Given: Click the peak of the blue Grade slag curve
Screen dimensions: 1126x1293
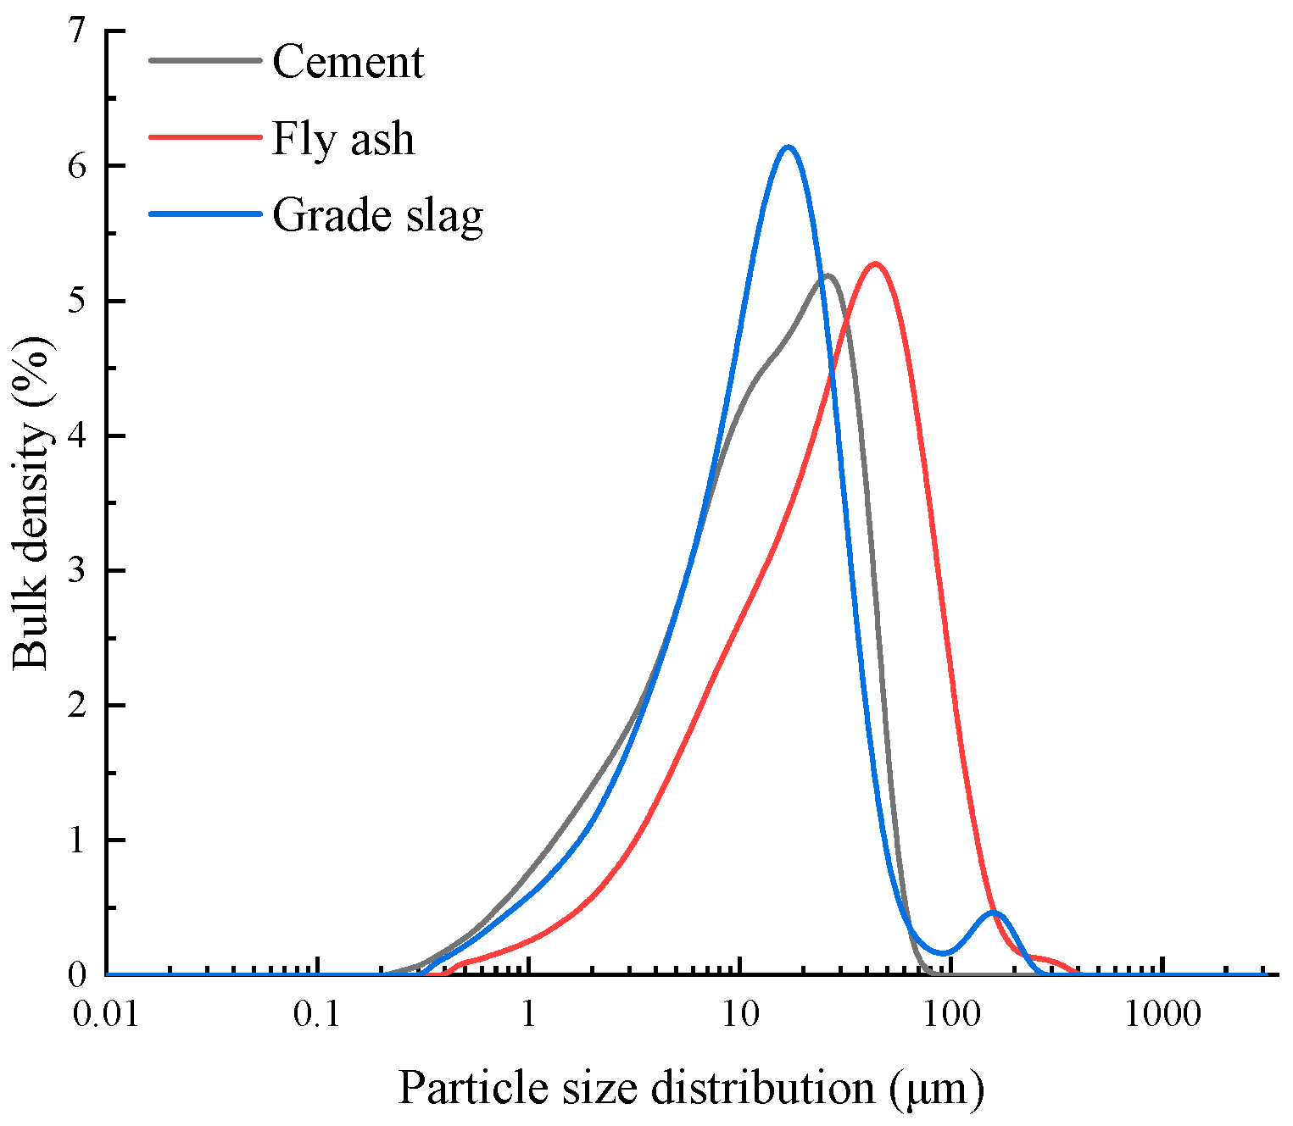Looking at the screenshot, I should [x=789, y=147].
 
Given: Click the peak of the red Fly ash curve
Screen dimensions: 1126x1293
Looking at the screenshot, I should [x=874, y=263].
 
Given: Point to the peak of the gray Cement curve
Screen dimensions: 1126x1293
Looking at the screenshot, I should [x=828, y=275].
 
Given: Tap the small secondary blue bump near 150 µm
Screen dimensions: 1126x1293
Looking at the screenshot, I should [x=995, y=912].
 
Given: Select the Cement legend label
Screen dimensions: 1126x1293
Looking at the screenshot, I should [x=348, y=62].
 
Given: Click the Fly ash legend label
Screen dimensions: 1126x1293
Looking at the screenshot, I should [x=343, y=138].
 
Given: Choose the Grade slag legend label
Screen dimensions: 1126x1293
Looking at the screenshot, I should [x=377, y=215].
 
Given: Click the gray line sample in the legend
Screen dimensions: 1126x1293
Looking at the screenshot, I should [x=204, y=61].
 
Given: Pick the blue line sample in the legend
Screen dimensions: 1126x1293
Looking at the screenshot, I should [x=204, y=214].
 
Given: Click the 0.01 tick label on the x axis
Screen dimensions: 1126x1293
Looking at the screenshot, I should [x=106, y=1014].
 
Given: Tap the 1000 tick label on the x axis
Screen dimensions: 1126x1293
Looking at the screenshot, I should [x=1162, y=1014].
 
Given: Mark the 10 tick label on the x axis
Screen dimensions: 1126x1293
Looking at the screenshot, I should [x=740, y=1014].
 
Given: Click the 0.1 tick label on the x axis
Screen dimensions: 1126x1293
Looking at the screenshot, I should [x=317, y=1014].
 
